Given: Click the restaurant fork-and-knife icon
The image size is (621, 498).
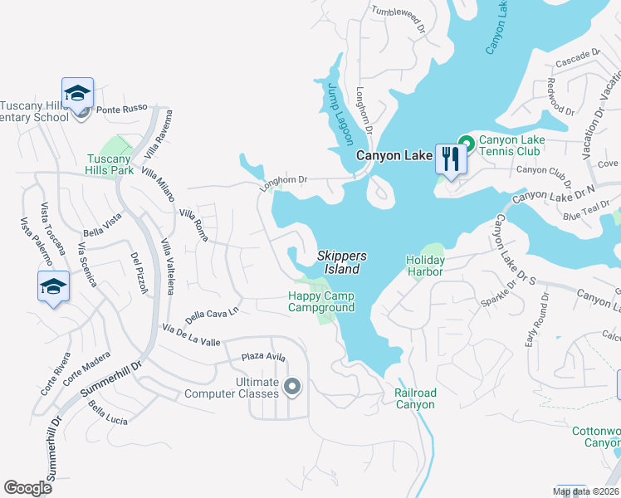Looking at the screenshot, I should coord(451,158).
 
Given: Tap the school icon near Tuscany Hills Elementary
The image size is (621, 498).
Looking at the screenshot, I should coord(77,94).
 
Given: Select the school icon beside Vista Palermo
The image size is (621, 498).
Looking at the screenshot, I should coord(53,286).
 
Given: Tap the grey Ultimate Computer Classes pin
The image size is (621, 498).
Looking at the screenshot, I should coord(291,386).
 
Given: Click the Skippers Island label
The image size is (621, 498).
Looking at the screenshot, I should coord(341,263).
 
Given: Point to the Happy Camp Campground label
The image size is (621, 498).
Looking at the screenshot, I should coord(321,302).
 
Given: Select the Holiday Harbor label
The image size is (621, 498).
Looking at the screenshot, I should coord(425,266).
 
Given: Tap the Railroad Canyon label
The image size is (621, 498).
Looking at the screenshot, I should coord(414,398).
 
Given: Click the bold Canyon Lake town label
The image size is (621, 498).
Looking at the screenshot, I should coord(394,155).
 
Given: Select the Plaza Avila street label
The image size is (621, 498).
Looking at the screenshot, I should coord(263,358).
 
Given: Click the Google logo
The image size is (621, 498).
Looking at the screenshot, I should coord(28,487).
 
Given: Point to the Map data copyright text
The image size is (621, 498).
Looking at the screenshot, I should coord(586,492).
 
